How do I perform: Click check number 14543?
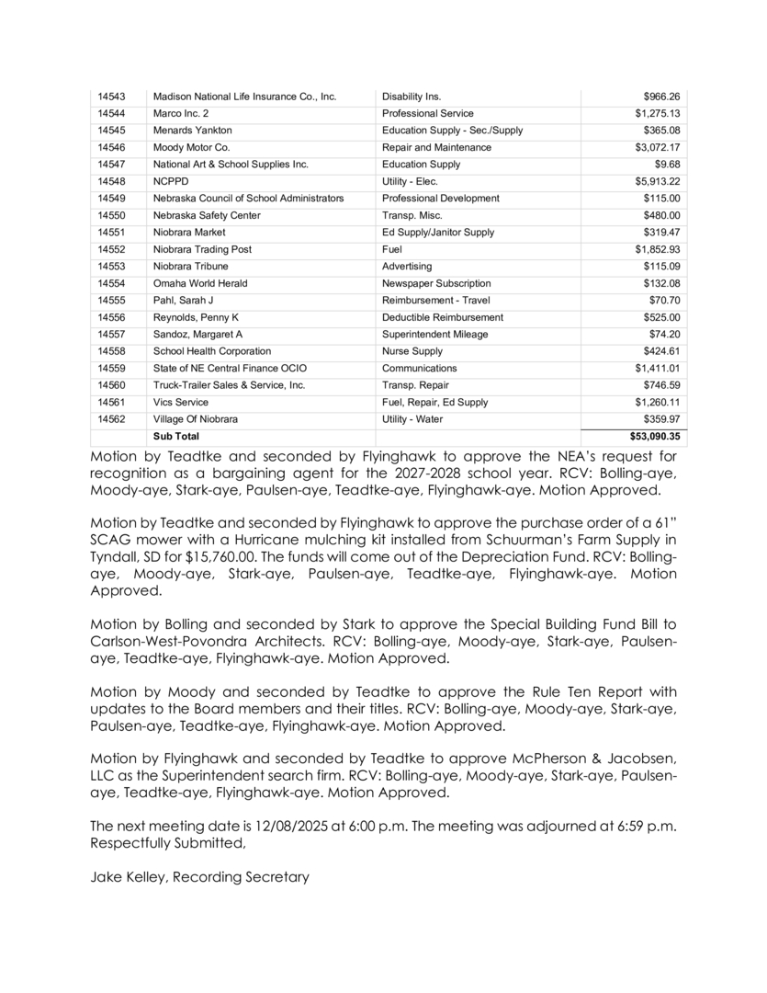110,97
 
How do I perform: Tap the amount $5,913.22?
657,181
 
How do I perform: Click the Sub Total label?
175,436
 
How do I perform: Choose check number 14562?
110,419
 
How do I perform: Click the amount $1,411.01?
657,368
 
